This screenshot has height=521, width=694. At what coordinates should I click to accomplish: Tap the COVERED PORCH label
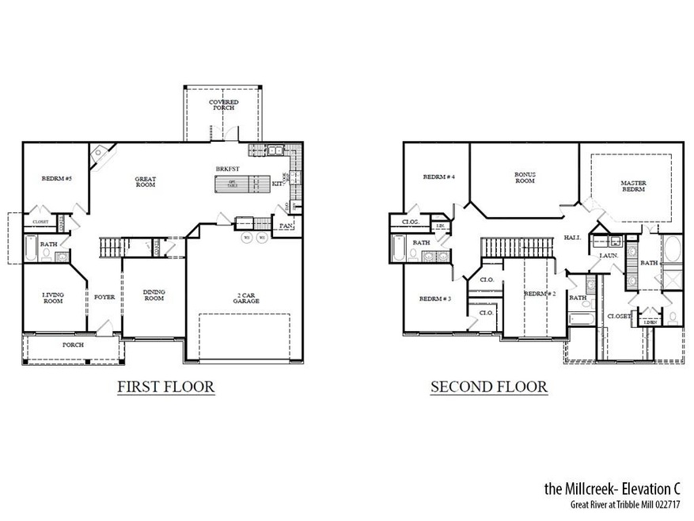(224, 105)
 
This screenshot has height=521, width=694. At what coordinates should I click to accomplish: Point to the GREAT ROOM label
(146, 181)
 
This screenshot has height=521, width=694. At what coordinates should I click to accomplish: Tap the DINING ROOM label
(154, 295)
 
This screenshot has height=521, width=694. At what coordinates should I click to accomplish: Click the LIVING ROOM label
(53, 298)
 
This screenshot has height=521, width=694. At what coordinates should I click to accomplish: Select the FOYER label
(104, 299)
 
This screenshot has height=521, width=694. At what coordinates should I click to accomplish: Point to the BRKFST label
(228, 169)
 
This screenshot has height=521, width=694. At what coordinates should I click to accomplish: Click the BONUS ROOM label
(525, 177)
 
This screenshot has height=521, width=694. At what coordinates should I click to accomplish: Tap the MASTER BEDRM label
(633, 186)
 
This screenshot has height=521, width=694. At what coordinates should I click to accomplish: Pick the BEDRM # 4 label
(438, 177)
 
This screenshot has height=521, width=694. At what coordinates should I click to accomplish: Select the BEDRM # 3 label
(434, 299)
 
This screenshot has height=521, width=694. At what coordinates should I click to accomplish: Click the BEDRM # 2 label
(540, 294)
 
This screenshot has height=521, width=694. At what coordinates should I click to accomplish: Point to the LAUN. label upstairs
(609, 256)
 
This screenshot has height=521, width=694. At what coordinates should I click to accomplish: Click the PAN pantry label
(286, 226)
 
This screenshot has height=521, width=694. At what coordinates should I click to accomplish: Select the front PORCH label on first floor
(73, 345)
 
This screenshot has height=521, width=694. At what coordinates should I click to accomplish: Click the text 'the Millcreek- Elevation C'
(612, 489)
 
